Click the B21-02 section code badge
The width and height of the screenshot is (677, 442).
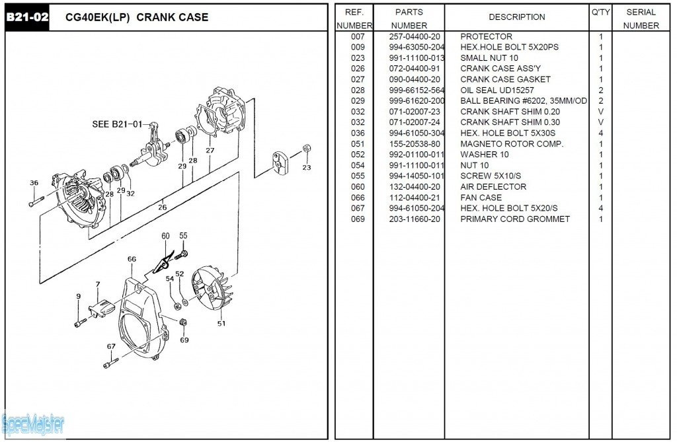[x=27, y=17]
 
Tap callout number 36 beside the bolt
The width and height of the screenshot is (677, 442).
[x=34, y=183]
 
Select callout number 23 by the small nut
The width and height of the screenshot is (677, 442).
[x=306, y=167]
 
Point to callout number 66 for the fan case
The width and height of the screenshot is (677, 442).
[x=132, y=259]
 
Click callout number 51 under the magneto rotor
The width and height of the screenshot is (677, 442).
[x=221, y=323]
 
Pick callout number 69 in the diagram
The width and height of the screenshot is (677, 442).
[x=184, y=340]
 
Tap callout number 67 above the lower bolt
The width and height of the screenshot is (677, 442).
[x=111, y=346]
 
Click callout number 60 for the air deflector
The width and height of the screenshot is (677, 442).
[x=165, y=236]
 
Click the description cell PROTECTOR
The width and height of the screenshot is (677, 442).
[x=486, y=37]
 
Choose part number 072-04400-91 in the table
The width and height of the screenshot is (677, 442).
[x=415, y=69]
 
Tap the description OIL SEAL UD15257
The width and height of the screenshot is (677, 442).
[x=497, y=91]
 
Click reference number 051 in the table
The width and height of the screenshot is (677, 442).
[x=358, y=144]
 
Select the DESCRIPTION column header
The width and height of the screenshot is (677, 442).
[x=516, y=17]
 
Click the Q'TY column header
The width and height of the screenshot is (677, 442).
[x=600, y=12]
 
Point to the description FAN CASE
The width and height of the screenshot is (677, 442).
[x=481, y=198]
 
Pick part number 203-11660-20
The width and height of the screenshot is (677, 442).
[x=415, y=219]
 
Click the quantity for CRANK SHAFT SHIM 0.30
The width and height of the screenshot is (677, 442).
[x=600, y=122]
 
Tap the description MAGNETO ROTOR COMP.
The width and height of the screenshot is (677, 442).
[x=512, y=144]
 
